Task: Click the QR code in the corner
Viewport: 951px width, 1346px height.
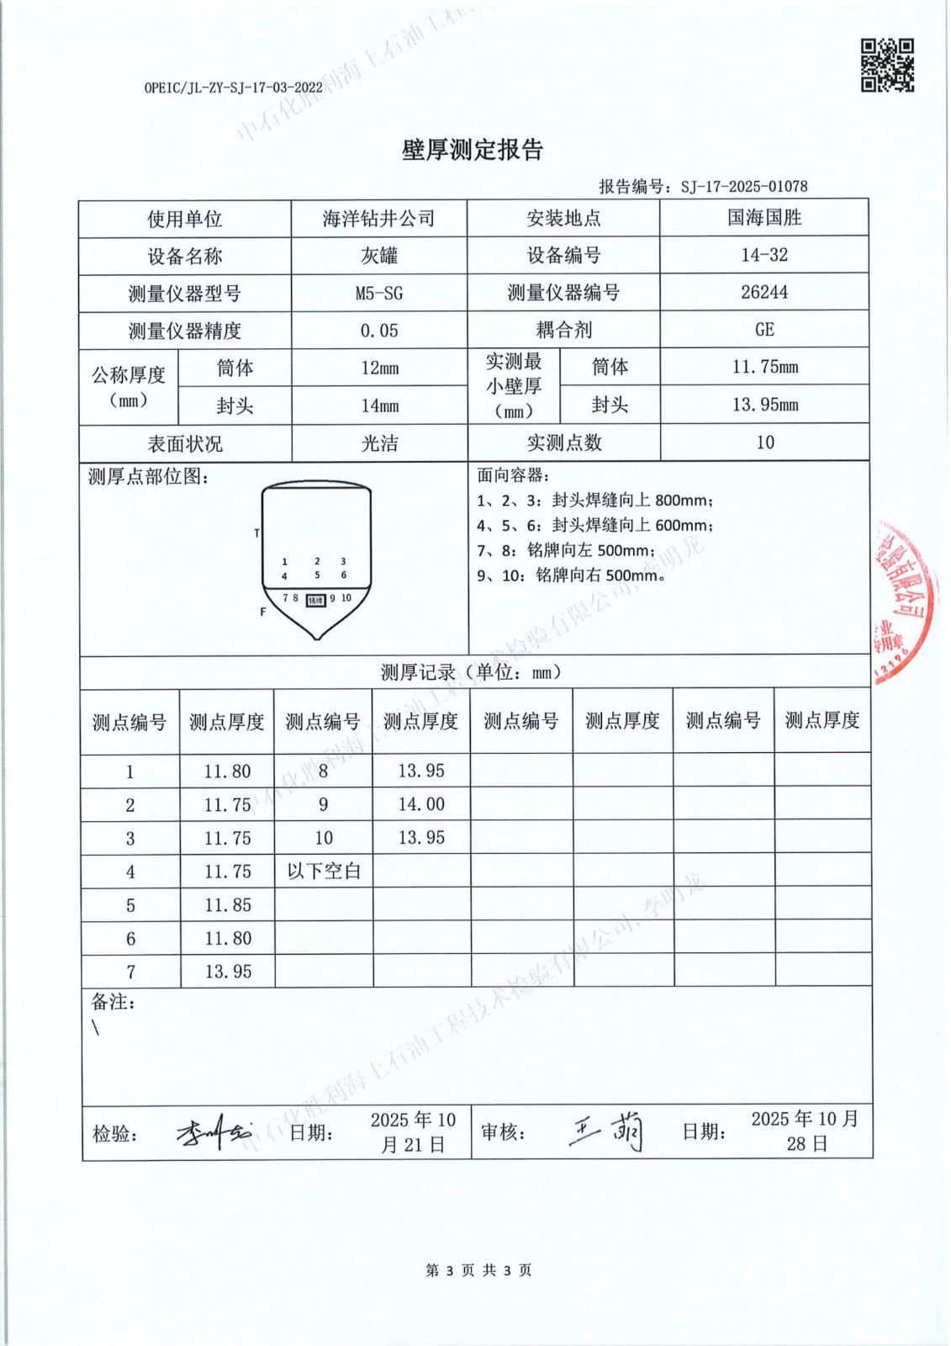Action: coord(886,65)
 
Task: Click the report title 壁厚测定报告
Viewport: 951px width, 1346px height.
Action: coord(473,150)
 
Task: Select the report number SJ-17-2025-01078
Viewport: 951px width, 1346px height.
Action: coord(744,187)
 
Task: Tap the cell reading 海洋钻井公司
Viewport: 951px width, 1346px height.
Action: coord(378,219)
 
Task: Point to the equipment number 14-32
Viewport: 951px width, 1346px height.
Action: coord(763,255)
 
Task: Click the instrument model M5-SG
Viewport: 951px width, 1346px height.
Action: coord(378,293)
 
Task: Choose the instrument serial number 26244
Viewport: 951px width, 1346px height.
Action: coord(763,292)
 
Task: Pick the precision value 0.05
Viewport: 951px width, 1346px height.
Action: coord(378,331)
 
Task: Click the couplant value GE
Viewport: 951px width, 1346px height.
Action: coord(763,329)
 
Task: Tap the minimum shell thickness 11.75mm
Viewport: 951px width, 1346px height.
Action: coord(763,367)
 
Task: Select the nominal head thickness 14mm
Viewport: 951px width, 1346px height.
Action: coord(378,405)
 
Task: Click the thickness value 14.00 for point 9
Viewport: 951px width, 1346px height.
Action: coord(420,804)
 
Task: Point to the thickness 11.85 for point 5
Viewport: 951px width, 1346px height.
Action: coord(227,905)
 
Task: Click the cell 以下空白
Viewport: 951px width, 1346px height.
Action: coord(324,871)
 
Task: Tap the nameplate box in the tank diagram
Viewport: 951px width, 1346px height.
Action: coord(315,600)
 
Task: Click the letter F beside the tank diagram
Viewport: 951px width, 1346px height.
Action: coord(263,612)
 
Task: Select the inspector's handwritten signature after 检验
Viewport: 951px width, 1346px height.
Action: coord(213,1133)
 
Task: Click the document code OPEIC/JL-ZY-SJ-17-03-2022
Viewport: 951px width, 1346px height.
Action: coord(233,87)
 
